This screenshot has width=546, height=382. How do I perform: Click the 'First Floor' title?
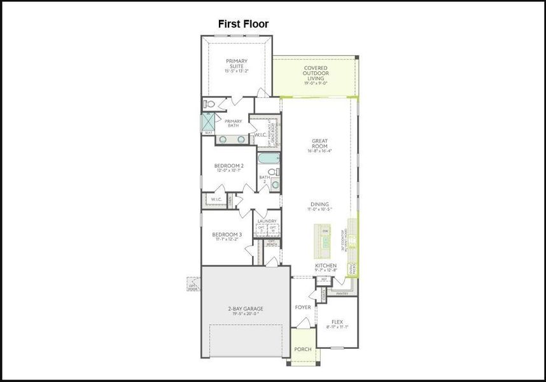[243, 24]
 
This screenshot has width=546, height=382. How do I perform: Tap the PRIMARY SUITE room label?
[237, 64]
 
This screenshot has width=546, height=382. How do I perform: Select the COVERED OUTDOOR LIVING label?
[316, 71]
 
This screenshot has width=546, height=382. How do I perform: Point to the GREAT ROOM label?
[319, 144]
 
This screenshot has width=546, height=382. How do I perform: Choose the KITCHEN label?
[326, 265]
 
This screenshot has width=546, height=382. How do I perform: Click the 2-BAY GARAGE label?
[246, 309]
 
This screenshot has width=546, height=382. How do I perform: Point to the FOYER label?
[303, 307]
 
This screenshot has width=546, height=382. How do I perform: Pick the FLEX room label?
[336, 322]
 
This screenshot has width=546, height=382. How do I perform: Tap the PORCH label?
[303, 350]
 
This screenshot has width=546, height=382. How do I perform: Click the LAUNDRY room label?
[267, 221]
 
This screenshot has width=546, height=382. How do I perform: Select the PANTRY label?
[342, 294]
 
